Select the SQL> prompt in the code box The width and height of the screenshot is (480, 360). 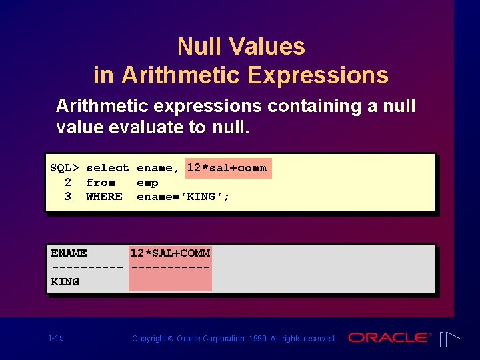(65, 168)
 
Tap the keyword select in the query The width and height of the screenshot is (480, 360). (107, 168)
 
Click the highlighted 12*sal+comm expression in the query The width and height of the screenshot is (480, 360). (227, 168)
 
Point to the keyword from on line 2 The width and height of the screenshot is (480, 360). (101, 183)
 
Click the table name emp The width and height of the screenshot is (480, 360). (147, 183)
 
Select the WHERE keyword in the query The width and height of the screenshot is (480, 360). (104, 197)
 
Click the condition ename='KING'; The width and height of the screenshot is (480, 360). (183, 197)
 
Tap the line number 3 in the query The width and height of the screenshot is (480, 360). (67, 197)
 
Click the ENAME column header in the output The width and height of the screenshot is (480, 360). (69, 253)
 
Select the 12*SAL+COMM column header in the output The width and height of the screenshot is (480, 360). (170, 253)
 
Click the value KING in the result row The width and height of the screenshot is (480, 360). (65, 282)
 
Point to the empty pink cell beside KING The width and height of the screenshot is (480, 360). (170, 282)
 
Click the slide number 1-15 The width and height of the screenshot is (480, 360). (56, 338)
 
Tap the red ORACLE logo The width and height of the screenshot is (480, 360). (389, 338)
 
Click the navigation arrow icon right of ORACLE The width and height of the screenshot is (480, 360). (450, 339)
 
